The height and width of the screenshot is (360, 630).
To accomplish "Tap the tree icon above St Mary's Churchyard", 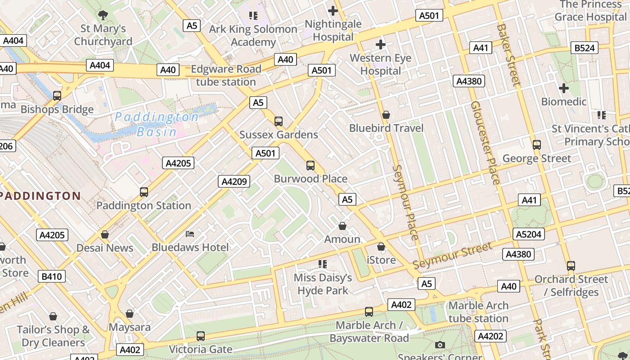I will pos(103,15).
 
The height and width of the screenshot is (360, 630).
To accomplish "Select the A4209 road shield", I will pos(234,181).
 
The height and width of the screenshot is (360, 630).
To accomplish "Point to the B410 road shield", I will pos(52,276).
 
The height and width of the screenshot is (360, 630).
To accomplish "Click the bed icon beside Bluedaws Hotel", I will pos(190,234).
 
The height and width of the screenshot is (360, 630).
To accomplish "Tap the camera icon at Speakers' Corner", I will pos(440,345).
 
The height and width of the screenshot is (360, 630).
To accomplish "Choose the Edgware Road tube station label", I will pos(226,76).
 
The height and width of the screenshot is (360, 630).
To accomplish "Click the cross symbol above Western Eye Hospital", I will pos(381,45).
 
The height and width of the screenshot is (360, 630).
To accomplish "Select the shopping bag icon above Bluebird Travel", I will pos(386,115).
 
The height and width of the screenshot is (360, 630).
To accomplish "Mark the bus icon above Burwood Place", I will pos(310,165).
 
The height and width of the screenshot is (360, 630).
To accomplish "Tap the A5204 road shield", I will pos(529,234).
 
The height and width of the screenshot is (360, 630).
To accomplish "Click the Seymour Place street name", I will pos(405,202).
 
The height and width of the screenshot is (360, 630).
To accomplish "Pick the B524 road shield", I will pos(585,48).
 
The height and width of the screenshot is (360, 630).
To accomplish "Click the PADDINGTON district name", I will pos(40,196).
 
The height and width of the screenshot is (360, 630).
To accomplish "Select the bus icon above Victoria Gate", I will pos(201,336).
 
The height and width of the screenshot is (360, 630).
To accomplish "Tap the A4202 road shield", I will pos(490,336).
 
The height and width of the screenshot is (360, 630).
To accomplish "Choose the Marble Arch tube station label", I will pos(478,312).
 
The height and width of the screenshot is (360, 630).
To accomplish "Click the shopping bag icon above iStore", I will pos(381,247).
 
